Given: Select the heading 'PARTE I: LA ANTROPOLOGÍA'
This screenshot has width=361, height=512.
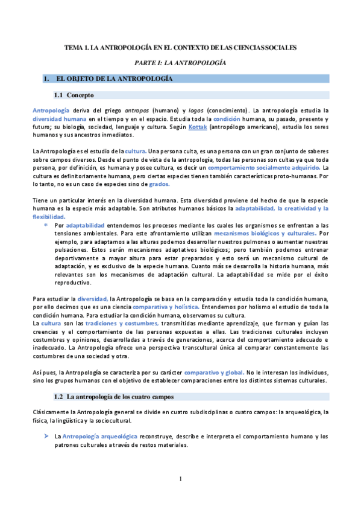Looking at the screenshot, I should click(x=180, y=62).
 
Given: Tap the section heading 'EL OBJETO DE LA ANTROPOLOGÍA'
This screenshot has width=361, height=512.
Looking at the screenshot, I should click(x=115, y=79).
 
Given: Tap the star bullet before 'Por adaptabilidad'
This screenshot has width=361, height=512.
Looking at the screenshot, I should click(x=46, y=225).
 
